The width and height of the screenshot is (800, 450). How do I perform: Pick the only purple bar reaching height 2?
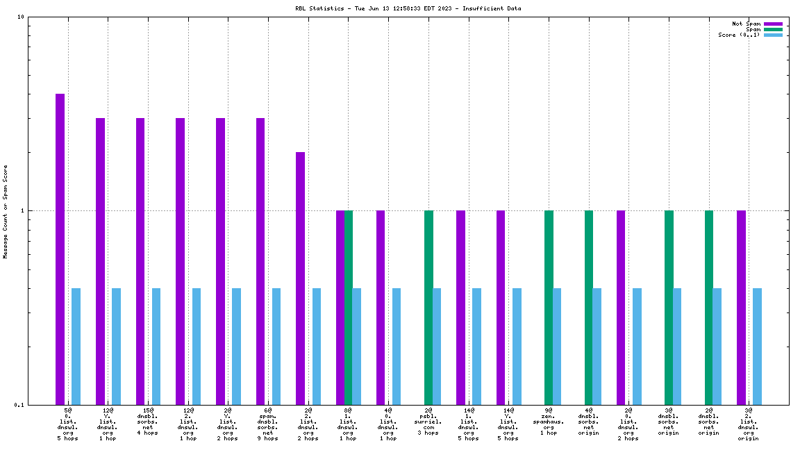[300, 278]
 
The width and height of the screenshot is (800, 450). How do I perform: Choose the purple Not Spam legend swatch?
[773, 24]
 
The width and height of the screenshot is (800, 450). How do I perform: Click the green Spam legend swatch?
[773, 29]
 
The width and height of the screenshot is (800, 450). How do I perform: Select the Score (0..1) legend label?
[739, 35]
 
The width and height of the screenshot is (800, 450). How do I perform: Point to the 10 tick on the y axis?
[21, 17]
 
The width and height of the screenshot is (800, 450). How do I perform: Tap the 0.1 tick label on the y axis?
[19, 405]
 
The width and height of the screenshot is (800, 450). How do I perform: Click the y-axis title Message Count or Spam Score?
[6, 211]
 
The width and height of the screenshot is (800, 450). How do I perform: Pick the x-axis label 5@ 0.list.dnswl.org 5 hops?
[68, 424]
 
